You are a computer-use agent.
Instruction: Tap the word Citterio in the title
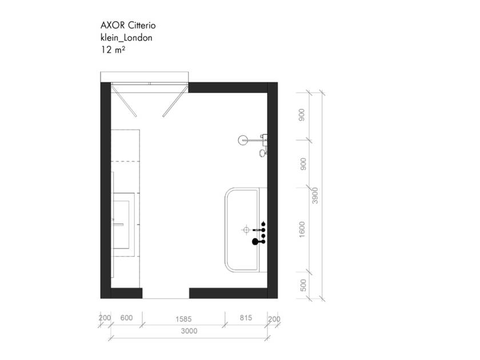point(142,25)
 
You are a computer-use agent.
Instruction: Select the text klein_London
point(126,38)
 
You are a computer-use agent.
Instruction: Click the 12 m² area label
point(113,50)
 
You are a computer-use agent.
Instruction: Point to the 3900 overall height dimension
point(315,195)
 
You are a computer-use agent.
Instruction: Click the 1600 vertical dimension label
point(302,229)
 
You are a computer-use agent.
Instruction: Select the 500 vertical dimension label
point(303,285)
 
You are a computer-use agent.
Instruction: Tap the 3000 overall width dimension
point(189,331)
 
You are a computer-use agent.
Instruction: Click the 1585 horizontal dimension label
point(183,319)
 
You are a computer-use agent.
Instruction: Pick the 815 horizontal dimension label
point(246,318)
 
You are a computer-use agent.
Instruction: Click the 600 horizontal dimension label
point(126,318)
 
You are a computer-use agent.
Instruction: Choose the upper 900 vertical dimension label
point(302,115)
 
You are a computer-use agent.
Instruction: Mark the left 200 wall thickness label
point(105,318)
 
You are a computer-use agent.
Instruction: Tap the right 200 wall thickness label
point(274,319)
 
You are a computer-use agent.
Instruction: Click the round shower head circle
point(243,140)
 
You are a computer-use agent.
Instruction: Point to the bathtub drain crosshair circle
point(246,230)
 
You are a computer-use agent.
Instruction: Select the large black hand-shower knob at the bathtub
point(255,242)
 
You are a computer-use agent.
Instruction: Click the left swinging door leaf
point(123,101)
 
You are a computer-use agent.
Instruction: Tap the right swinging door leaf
point(175,101)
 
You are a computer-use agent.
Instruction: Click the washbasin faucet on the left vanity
point(118,225)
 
